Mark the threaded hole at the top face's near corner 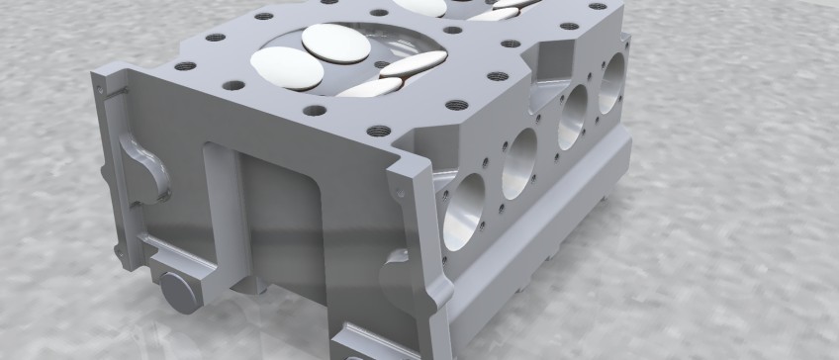tap(378, 129)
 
